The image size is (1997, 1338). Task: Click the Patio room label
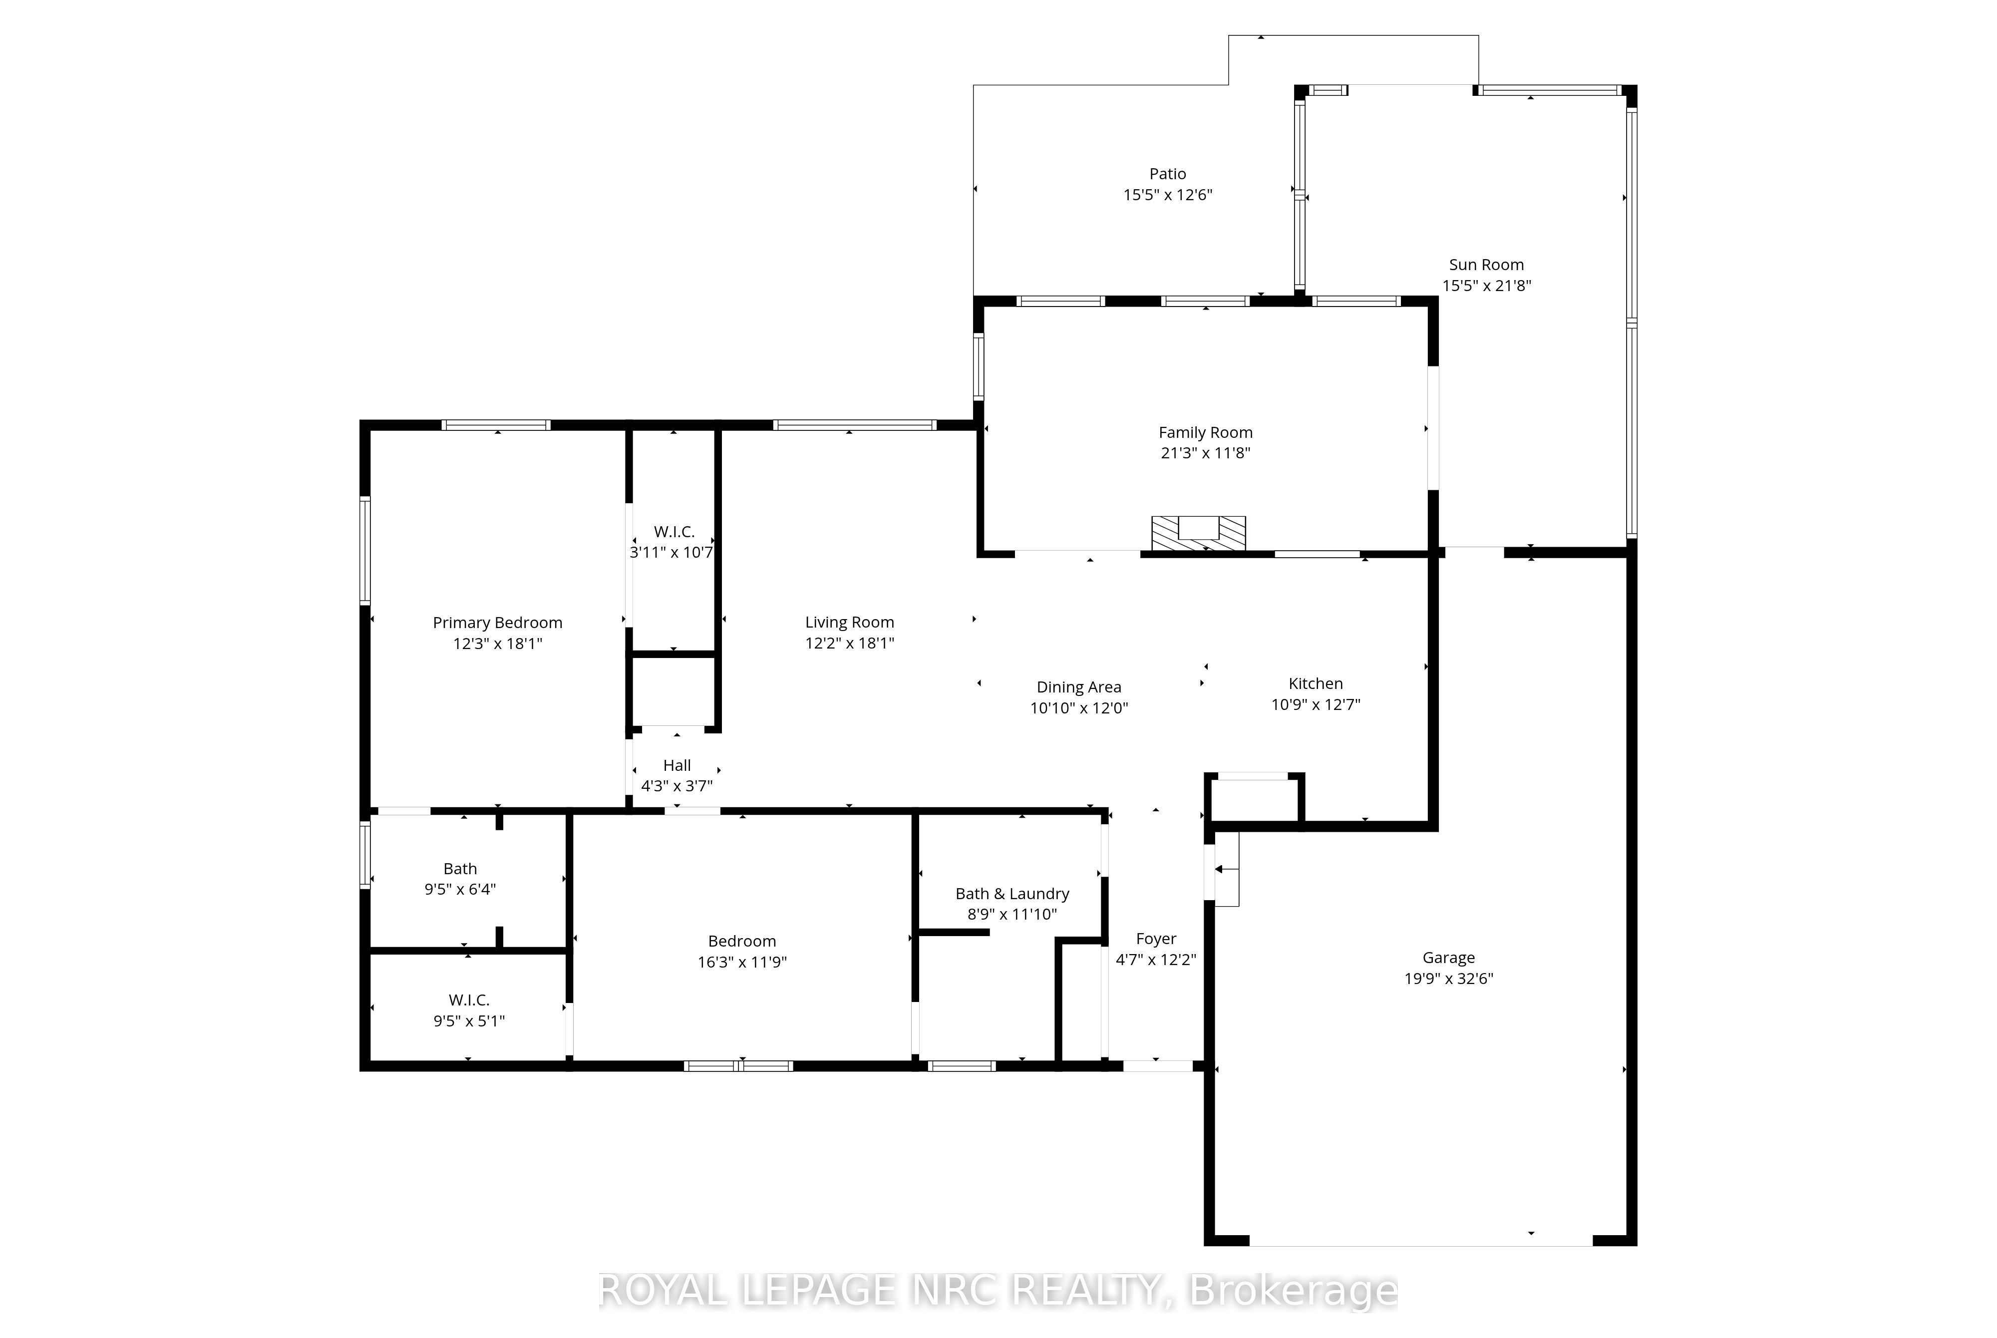click(x=1167, y=174)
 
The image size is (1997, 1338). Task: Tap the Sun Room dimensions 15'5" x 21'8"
click(x=1486, y=286)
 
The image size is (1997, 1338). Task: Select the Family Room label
click(x=1205, y=433)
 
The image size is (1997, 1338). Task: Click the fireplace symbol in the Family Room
click(x=1199, y=533)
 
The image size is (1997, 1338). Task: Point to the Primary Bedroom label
click(x=497, y=623)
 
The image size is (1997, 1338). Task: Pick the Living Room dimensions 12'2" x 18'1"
click(x=850, y=644)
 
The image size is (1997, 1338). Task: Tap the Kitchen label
click(x=1316, y=683)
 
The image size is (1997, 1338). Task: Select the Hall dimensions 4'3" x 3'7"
click(x=676, y=786)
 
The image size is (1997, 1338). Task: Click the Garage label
click(x=1448, y=958)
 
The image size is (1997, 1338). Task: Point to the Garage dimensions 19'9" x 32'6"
click(x=1448, y=979)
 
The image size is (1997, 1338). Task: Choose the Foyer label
click(x=1156, y=939)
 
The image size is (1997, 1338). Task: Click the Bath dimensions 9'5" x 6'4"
click(x=460, y=889)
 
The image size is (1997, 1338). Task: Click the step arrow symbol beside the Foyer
click(x=1225, y=870)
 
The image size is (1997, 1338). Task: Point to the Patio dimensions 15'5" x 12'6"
click(x=1167, y=195)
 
